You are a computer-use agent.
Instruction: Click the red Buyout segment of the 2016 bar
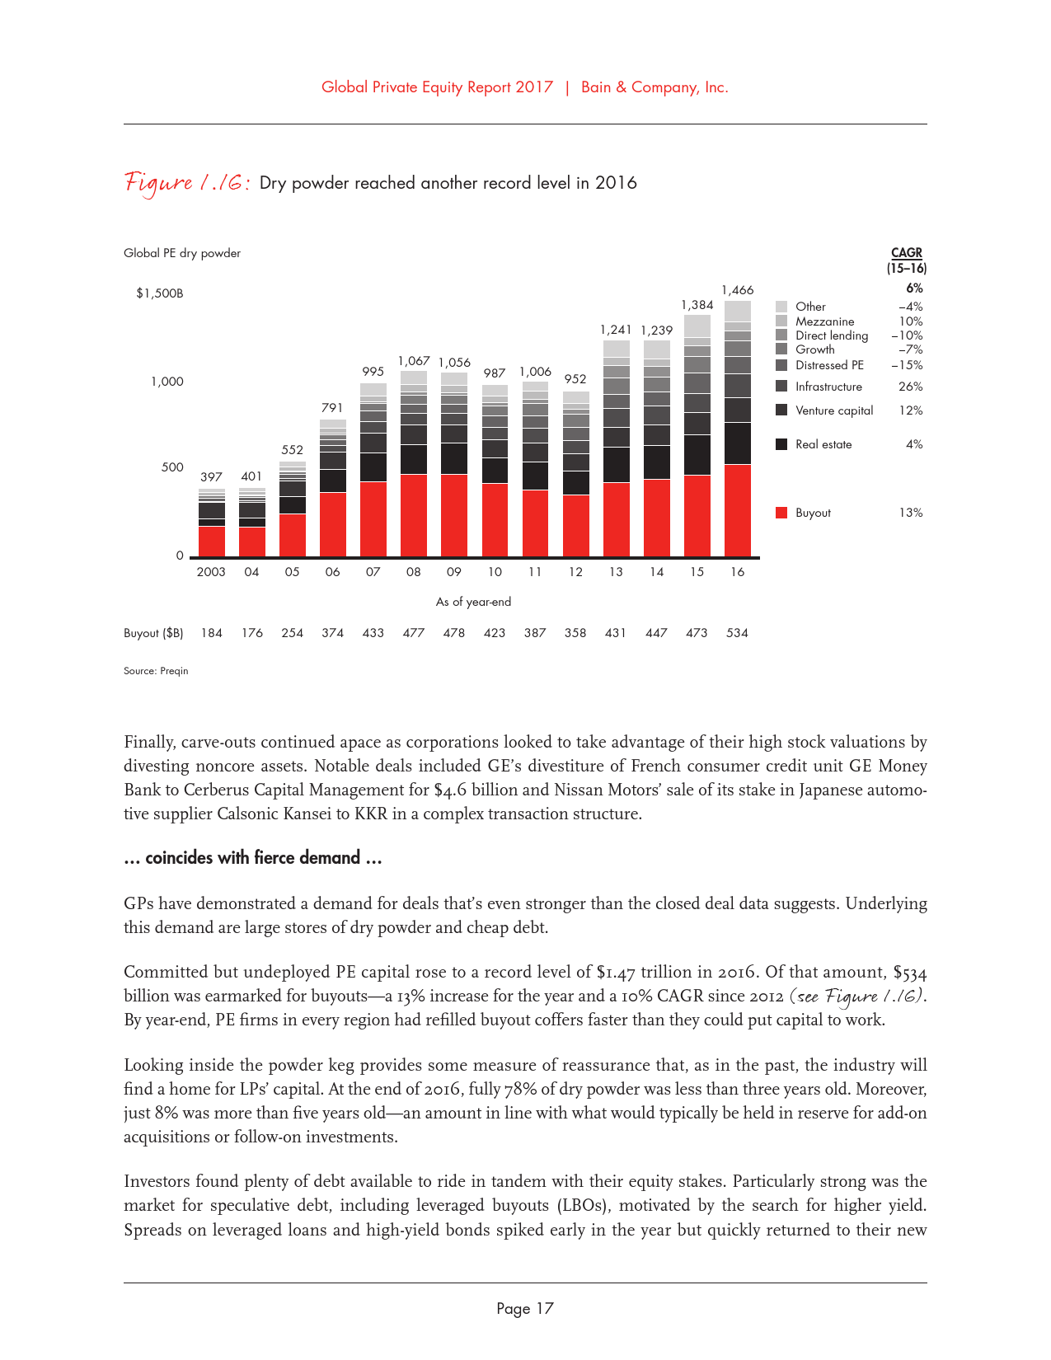click(738, 511)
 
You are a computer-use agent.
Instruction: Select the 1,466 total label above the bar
click(738, 290)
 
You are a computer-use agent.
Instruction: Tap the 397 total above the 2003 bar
click(211, 477)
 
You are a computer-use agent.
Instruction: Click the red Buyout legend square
click(781, 513)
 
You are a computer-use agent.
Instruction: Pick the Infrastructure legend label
click(828, 387)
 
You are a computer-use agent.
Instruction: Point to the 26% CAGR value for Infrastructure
click(910, 387)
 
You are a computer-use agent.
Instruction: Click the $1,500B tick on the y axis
click(160, 293)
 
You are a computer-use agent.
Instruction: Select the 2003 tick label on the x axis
click(211, 572)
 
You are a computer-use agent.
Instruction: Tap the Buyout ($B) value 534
click(737, 633)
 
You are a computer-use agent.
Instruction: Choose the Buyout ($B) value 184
click(212, 633)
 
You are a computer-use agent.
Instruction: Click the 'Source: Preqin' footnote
click(156, 671)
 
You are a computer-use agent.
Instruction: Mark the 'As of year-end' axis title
click(473, 602)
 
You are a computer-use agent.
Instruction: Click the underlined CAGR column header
click(907, 253)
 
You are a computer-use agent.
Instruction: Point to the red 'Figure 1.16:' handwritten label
click(187, 183)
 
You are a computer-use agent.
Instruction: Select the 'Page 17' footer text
click(525, 1309)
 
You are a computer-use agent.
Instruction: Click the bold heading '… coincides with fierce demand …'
click(252, 858)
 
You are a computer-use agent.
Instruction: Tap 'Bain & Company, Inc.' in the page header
click(655, 87)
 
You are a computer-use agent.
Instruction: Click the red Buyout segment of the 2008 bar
click(414, 515)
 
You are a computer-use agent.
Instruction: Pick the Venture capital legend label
click(834, 410)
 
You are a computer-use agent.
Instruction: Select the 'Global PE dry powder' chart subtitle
click(182, 253)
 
